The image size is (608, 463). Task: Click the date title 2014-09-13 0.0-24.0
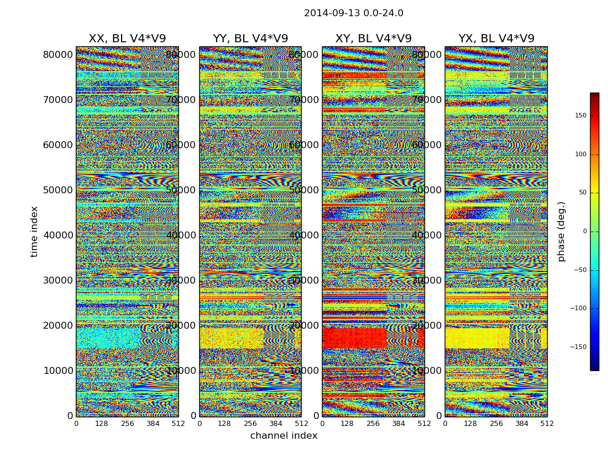coord(353,13)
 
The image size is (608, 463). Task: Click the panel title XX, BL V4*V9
coord(127,39)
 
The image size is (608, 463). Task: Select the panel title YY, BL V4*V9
coord(250,39)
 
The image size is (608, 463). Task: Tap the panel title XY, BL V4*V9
coord(373,39)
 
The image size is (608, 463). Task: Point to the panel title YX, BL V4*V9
coord(496,39)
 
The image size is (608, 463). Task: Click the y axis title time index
coord(34,231)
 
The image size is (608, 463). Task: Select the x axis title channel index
coord(284,436)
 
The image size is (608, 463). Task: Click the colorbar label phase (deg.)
coord(561,231)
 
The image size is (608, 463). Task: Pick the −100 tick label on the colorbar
coord(577,308)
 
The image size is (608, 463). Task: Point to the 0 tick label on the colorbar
coord(584,231)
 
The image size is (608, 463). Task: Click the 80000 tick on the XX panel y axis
coord(58,54)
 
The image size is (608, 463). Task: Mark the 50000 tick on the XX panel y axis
coord(58,190)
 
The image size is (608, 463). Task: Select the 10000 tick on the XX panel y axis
coord(58,370)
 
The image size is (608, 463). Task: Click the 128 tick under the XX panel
coord(101,424)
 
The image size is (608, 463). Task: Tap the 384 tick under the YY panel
coord(276,424)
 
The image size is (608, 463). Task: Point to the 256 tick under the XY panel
coord(373,424)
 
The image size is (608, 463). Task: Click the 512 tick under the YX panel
coord(547,424)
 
